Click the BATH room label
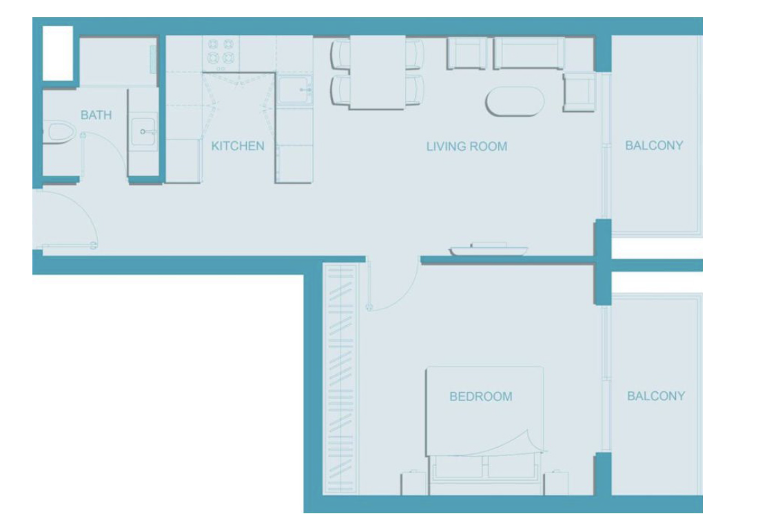[96, 115]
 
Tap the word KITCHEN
[238, 146]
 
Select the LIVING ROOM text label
[466, 147]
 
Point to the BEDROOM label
[481, 397]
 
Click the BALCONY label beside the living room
[654, 145]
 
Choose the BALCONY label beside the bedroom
[656, 396]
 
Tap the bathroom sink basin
[143, 132]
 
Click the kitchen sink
[295, 89]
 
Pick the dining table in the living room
[378, 72]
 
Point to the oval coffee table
[515, 101]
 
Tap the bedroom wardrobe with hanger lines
[341, 379]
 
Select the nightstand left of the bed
[413, 483]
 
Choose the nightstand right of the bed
[556, 483]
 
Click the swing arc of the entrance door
[83, 207]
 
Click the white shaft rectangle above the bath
[58, 53]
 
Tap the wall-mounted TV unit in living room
[489, 249]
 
